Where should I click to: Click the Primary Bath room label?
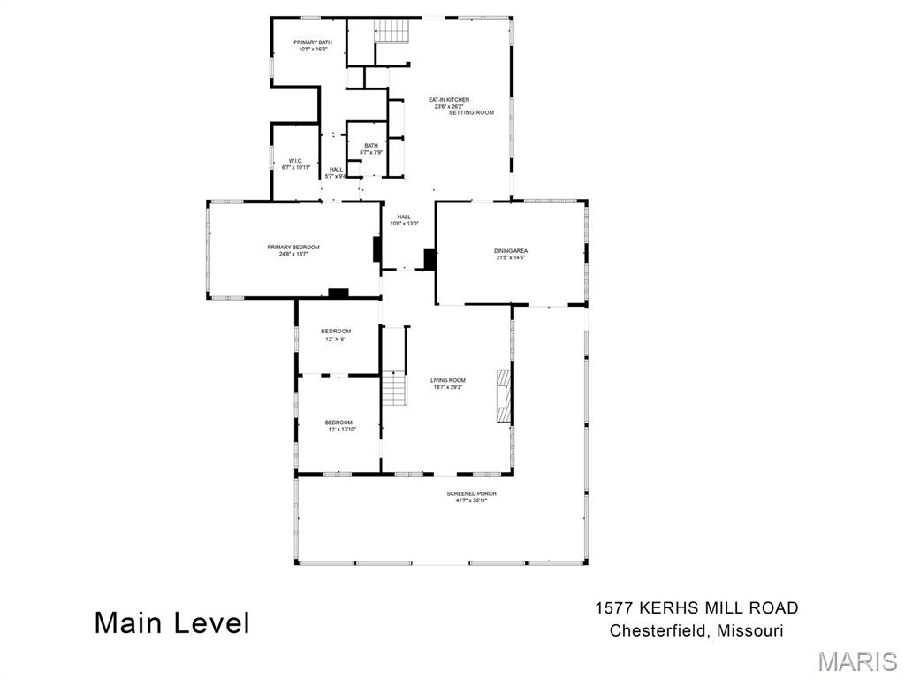pyautogui.click(x=313, y=46)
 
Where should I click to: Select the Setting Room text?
pyautogui.click(x=471, y=113)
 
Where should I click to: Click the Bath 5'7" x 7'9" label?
pyautogui.click(x=370, y=149)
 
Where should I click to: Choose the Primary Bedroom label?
pyautogui.click(x=293, y=250)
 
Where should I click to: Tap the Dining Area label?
pyautogui.click(x=510, y=254)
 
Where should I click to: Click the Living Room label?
pyautogui.click(x=448, y=384)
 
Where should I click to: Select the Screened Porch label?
pyautogui.click(x=471, y=496)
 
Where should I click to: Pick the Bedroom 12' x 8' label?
pyautogui.click(x=336, y=335)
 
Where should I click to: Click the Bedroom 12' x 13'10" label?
pyautogui.click(x=339, y=425)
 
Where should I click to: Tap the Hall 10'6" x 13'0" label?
pyautogui.click(x=404, y=220)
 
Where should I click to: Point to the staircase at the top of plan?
pyautogui.click(x=393, y=30)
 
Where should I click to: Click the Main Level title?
pyautogui.click(x=172, y=622)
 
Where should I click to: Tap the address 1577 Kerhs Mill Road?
pyautogui.click(x=696, y=608)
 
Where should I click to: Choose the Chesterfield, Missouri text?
pyautogui.click(x=696, y=631)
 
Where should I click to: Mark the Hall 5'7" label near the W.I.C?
pyautogui.click(x=337, y=172)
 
